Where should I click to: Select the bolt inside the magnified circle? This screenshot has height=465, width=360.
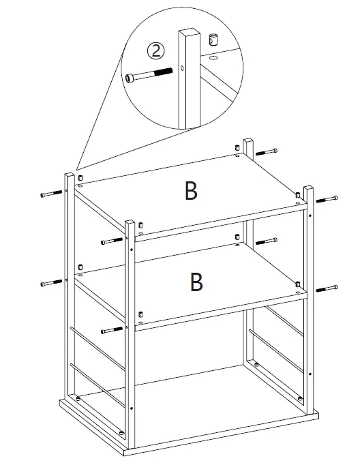point(147,75)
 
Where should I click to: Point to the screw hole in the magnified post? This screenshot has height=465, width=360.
point(184,68)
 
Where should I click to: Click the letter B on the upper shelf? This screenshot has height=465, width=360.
point(192,192)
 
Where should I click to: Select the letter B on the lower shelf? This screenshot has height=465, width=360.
point(196,282)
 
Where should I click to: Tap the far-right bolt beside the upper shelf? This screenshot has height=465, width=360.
point(327,199)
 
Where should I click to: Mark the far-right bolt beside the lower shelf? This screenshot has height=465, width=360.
point(327,288)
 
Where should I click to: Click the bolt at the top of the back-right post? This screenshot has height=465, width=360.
point(269,151)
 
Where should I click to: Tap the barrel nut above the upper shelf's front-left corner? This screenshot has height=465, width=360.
point(140,226)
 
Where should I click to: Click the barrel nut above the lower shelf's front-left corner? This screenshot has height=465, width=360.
point(140,314)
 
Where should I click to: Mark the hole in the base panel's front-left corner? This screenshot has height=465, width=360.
point(121,432)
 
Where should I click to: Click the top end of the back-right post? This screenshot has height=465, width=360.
point(249,141)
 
